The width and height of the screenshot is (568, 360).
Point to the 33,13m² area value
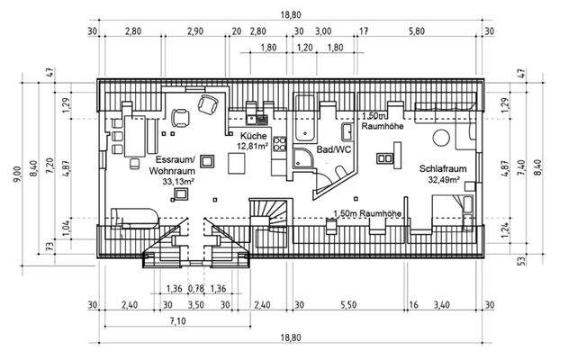coord(179,181)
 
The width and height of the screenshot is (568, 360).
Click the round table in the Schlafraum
coord(441,138)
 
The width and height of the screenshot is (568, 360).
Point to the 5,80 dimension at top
coord(416,31)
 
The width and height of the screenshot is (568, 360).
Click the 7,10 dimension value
coord(177,320)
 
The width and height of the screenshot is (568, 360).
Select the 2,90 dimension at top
coord(194,31)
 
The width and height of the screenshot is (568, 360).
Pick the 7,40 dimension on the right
coord(534,171)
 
